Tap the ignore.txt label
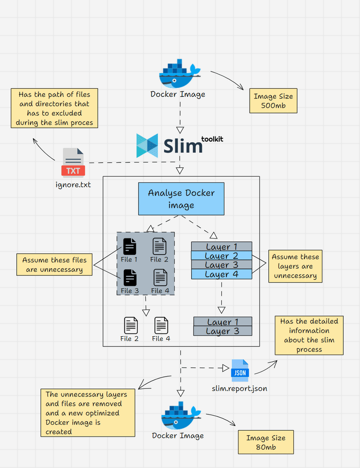(x=73, y=184)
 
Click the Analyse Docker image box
(x=181, y=198)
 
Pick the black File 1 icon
(x=130, y=246)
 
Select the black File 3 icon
(x=130, y=277)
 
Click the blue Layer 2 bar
(x=221, y=256)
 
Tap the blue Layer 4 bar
(x=221, y=274)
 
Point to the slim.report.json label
(x=239, y=388)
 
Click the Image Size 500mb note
(x=273, y=101)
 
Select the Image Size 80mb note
(x=265, y=442)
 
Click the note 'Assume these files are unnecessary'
(x=54, y=265)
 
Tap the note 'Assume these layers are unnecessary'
(x=295, y=266)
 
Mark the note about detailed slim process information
(x=309, y=335)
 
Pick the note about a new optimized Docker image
(x=88, y=413)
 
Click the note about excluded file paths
(x=54, y=108)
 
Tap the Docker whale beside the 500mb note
(x=179, y=73)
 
